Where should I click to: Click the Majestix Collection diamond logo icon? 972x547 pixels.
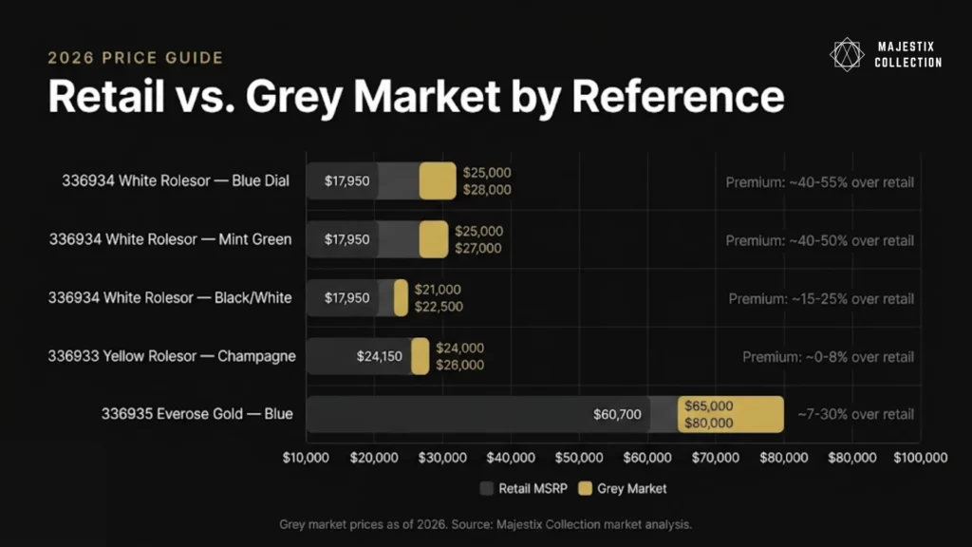click(846, 54)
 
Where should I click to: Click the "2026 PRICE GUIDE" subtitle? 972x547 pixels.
click(136, 58)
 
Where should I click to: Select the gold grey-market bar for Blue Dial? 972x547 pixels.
click(438, 180)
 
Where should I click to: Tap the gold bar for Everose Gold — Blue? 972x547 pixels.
click(731, 414)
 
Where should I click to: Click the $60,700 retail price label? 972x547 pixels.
click(617, 414)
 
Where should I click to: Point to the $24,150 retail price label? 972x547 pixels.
click(380, 356)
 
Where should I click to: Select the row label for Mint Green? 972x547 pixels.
click(171, 239)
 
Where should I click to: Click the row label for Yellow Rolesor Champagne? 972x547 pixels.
click(172, 356)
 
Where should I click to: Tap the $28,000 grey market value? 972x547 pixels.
click(487, 190)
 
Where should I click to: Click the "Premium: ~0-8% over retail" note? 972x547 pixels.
click(828, 357)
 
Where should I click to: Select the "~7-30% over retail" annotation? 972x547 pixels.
click(855, 414)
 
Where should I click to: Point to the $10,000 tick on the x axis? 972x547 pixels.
click(306, 458)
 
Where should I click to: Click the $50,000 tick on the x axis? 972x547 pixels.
click(579, 458)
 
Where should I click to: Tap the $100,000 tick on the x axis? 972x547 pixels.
click(921, 458)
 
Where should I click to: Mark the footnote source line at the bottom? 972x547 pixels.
click(485, 524)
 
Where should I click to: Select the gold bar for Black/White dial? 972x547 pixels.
click(402, 297)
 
